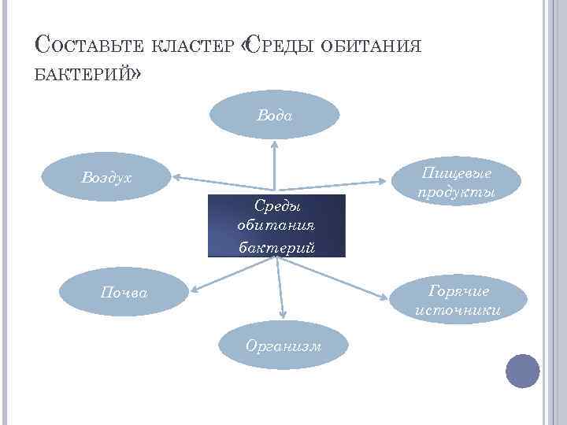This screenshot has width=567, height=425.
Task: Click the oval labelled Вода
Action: point(274,115)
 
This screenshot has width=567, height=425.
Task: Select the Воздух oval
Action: point(106,177)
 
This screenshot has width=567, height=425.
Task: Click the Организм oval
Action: point(283,346)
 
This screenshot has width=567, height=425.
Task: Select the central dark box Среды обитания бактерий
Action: point(276,227)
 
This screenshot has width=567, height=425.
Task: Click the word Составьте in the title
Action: point(83,46)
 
